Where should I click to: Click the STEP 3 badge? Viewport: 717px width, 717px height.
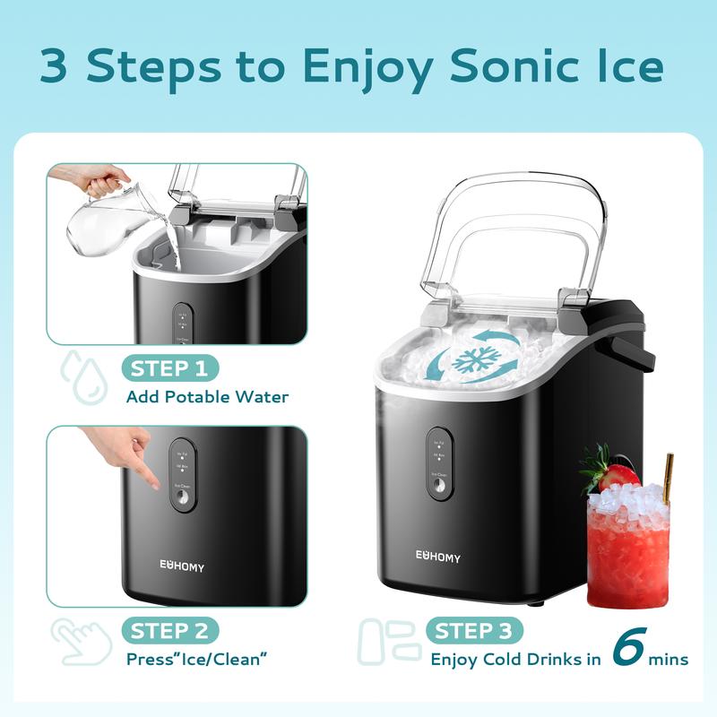[475, 631]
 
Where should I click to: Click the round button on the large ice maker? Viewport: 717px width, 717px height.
[440, 485]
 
